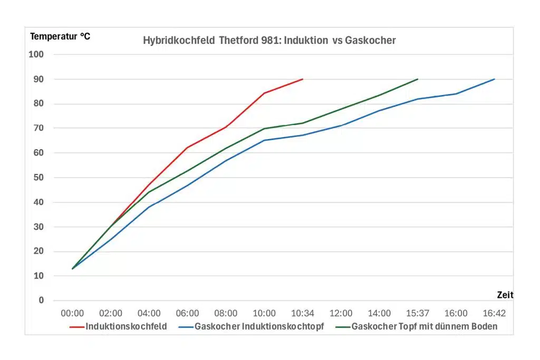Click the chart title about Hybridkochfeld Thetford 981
point(269,41)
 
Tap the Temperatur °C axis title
point(60,36)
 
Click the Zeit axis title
point(505,295)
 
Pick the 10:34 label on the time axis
point(302,314)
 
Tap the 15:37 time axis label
point(418,314)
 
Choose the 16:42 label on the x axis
point(494,314)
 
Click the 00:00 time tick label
point(72,314)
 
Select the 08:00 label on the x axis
point(226,314)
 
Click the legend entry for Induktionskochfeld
point(118,326)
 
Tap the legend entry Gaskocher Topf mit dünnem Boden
point(417,326)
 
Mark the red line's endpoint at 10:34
point(303,79)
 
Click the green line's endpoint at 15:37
point(418,79)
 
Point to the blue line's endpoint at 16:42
point(495,79)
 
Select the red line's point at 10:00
point(264,93)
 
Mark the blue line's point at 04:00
point(149,207)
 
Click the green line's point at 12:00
point(341,109)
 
